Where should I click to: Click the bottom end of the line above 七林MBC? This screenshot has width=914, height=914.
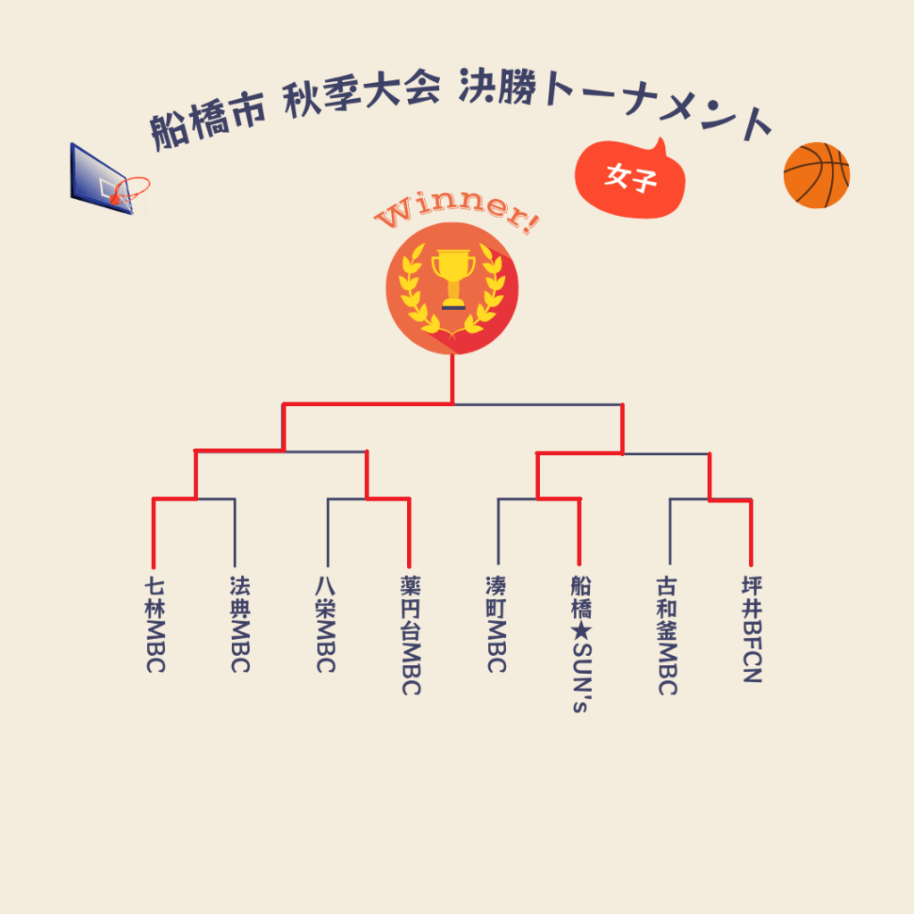click(x=154, y=567)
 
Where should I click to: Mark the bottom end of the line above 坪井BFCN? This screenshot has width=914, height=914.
click(x=751, y=565)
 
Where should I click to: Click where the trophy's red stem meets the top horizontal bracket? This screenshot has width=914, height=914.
click(x=453, y=403)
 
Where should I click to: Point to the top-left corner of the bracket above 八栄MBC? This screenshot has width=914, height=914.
click(x=328, y=499)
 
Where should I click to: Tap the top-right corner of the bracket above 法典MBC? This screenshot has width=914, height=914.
click(x=235, y=499)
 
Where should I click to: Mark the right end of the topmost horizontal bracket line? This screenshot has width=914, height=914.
click(x=622, y=404)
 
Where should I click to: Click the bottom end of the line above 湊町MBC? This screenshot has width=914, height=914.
click(x=498, y=564)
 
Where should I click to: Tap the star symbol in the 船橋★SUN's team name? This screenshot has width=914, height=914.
click(x=581, y=632)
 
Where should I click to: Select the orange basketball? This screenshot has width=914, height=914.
click(x=817, y=175)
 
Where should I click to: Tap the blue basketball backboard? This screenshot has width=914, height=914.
click(x=99, y=179)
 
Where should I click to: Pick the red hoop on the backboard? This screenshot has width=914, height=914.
click(x=130, y=189)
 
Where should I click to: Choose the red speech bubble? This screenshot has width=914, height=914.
click(x=629, y=179)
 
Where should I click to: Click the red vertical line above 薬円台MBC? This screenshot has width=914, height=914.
click(x=409, y=533)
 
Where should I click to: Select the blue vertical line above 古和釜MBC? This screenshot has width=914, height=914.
click(x=669, y=532)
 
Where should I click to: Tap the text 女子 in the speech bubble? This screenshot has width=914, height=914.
click(x=631, y=177)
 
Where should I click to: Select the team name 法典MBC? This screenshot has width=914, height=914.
click(x=240, y=624)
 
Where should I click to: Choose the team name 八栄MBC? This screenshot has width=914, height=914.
click(x=326, y=624)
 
